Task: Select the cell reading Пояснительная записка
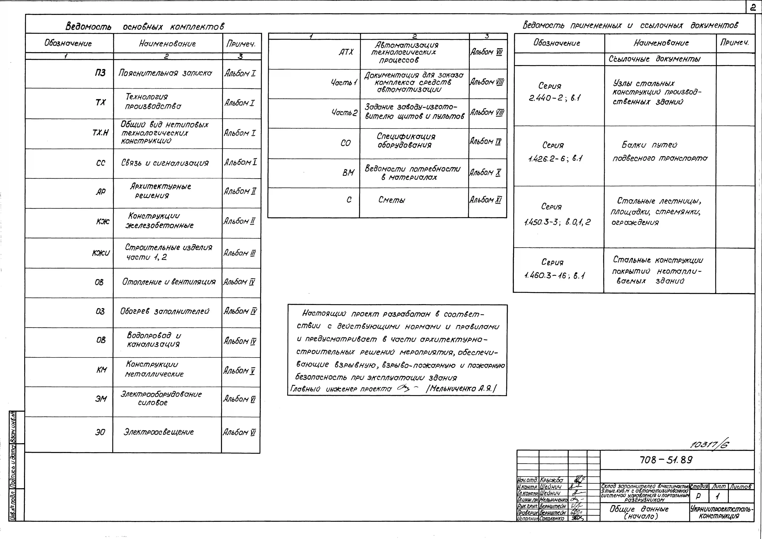[165, 73]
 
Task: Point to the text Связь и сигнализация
[165, 163]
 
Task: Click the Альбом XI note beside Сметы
[486, 200]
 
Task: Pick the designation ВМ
[348, 173]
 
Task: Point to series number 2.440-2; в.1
[555, 98]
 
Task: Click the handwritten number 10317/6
[709, 444]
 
